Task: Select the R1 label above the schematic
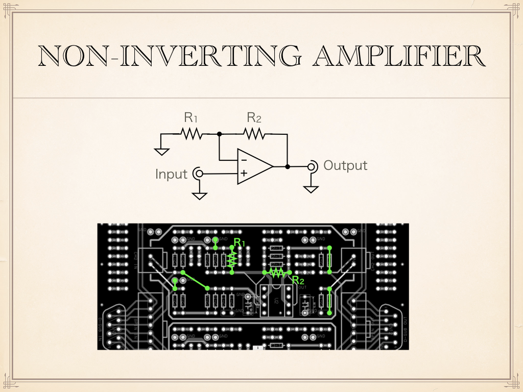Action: click(191, 117)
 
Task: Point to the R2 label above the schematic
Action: click(254, 117)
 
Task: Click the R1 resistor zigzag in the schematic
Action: click(192, 134)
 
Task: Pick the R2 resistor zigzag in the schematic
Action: click(254, 134)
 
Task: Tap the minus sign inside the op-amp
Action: click(244, 160)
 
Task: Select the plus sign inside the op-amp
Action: click(244, 173)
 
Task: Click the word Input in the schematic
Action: click(171, 174)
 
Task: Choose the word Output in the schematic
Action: click(345, 165)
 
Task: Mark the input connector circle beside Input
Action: click(198, 174)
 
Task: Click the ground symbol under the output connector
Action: click(311, 189)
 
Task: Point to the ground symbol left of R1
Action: click(161, 151)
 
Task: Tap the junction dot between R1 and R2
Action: click(219, 134)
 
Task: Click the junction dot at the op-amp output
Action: click(288, 166)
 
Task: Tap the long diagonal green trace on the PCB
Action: click(195, 281)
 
